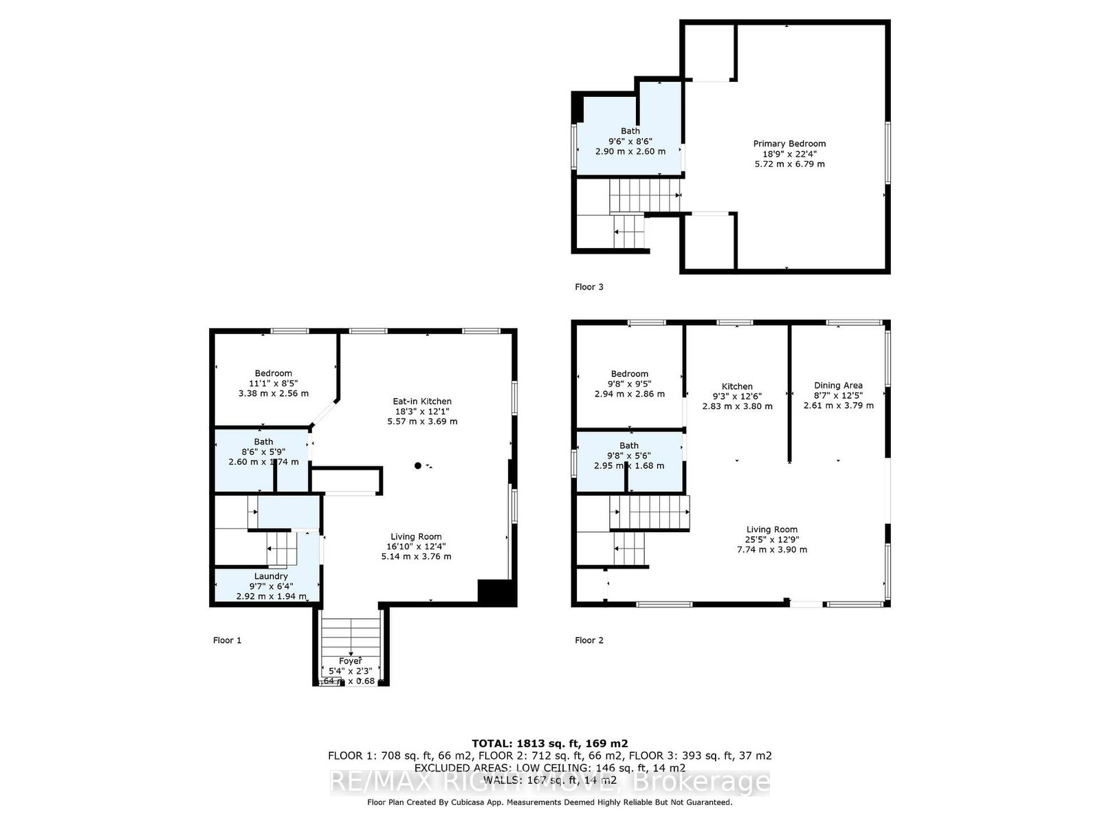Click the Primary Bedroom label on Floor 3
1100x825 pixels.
point(789,144)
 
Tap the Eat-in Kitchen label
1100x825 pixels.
point(422,401)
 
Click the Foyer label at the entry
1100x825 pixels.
point(350,661)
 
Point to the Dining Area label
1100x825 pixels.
point(838,386)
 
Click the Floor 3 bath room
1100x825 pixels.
point(630,141)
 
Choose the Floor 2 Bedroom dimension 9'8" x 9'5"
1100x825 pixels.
point(629,384)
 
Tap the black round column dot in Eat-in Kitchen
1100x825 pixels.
point(417,466)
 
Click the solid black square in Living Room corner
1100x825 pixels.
point(496,593)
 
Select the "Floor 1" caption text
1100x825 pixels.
point(227,640)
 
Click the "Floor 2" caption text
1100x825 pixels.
point(588,640)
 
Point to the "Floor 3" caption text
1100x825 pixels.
point(588,287)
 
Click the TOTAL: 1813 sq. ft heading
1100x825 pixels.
point(549,743)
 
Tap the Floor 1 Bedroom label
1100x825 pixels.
point(273,373)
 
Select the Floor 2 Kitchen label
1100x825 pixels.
point(737,386)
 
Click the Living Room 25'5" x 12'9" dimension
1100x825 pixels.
point(771,540)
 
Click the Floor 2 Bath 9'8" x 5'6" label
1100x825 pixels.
point(628,455)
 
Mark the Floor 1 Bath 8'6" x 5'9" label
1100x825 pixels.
point(263,452)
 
